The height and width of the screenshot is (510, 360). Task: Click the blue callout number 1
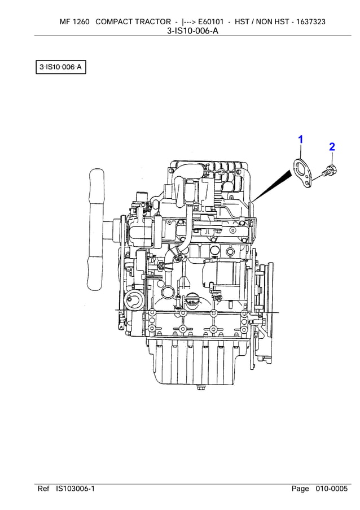click(300, 139)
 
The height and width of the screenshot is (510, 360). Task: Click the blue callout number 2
click(332, 147)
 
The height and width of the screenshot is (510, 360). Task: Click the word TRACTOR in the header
click(149, 21)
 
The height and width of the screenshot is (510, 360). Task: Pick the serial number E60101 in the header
click(208, 21)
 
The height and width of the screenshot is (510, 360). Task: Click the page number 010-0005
click(331, 489)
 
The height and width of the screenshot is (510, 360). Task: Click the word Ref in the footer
click(43, 489)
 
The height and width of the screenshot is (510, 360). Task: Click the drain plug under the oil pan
click(200, 388)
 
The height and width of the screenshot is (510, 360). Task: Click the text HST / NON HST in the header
click(260, 21)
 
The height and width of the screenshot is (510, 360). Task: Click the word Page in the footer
click(300, 489)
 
